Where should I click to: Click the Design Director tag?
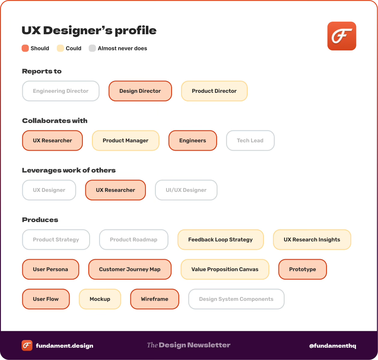coord(140,91)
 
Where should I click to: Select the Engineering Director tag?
coord(61,91)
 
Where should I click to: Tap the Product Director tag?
coord(214,91)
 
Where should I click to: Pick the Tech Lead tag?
coord(250,141)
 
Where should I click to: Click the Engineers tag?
coord(192,141)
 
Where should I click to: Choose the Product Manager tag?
coord(125,141)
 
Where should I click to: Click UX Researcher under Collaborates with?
coord(52,141)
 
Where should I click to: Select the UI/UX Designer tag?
coord(186,190)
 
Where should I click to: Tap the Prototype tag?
coord(302,269)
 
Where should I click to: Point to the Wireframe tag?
coord(155,299)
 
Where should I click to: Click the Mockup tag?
coord(100,299)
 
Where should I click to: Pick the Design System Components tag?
coord(236,299)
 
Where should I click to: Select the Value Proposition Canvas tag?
coord(225,269)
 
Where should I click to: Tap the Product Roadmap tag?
coord(134,240)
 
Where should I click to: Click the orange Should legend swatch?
coord(25,48)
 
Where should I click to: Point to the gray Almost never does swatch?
coord(92,48)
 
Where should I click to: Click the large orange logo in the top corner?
coord(342,36)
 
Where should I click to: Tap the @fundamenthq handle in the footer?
coord(333,346)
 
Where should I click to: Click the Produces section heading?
coord(40,220)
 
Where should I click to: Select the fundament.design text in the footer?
coord(65,346)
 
